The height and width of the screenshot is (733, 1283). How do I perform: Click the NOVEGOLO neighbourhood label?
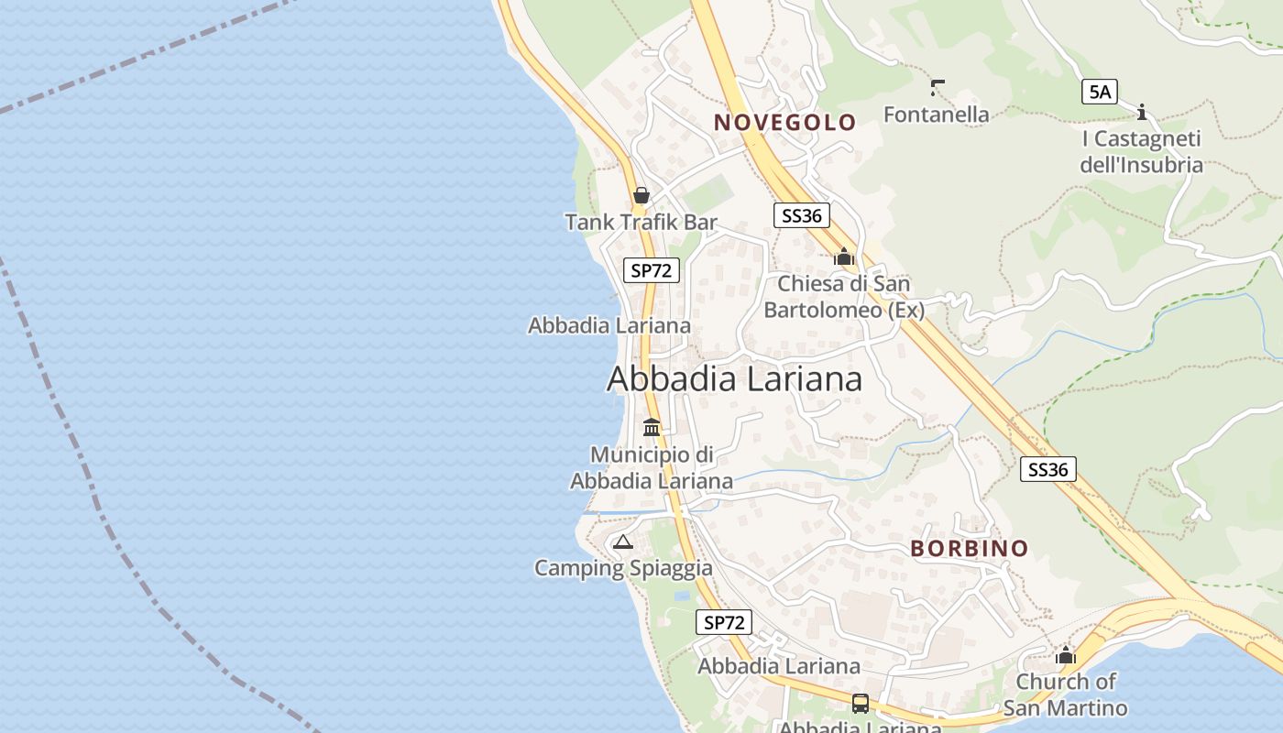pos(784,122)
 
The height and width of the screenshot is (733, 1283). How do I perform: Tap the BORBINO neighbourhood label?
pos(969,549)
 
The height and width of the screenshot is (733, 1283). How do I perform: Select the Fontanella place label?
pos(936,115)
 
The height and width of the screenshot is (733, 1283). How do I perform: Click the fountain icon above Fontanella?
pos(937,88)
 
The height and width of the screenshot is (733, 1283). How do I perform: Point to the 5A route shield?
pos(1100,92)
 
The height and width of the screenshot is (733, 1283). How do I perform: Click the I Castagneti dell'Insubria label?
pos(1141,152)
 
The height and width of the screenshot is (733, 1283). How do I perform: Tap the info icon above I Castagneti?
pos(1142,113)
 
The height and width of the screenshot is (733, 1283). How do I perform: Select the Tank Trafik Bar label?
pos(641,222)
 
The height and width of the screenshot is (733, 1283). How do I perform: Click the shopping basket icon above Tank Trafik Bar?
pos(641,195)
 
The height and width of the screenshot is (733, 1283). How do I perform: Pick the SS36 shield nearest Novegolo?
pos(801,215)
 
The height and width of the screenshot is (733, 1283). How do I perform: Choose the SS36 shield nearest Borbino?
pos(1047,469)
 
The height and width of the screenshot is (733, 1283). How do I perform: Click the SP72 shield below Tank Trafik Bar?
pos(651,270)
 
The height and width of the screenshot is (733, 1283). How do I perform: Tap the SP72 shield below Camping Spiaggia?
pos(723,623)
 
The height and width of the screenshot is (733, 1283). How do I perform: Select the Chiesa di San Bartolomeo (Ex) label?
pos(844,297)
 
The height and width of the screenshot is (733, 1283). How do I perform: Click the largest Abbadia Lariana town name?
pos(734,378)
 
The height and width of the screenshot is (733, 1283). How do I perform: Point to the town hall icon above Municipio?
pos(652,427)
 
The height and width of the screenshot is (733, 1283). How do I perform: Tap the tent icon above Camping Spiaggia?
pos(623,542)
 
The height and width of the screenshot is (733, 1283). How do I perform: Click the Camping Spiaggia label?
pos(623,568)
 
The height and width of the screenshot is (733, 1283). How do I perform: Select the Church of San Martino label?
pos(1065,695)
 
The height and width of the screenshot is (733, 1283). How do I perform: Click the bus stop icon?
pos(861,704)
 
